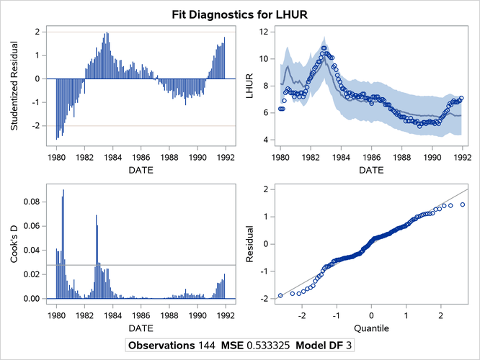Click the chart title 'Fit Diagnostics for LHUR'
point(239,14)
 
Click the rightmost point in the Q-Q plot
point(463,204)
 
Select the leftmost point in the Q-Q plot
point(280,296)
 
